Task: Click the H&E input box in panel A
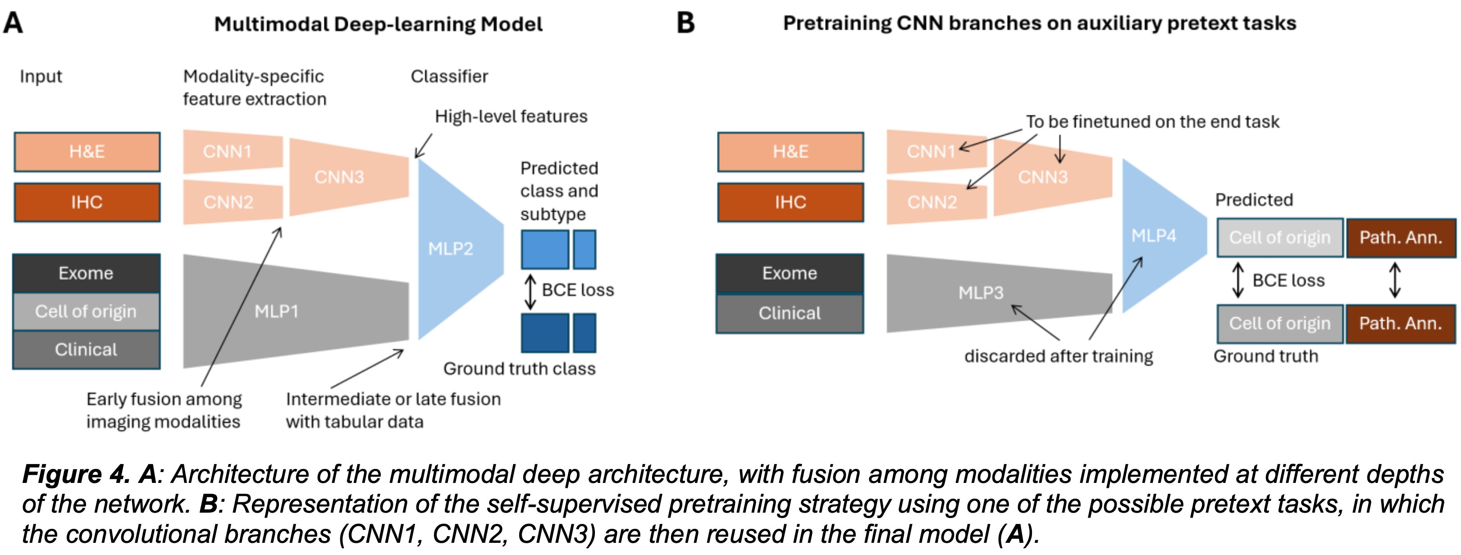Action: pyautogui.click(x=87, y=151)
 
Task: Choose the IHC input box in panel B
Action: pyautogui.click(x=790, y=202)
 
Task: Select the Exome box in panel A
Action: pyautogui.click(x=86, y=273)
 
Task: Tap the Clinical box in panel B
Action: pyautogui.click(x=790, y=313)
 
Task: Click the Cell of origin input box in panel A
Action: pyautogui.click(x=86, y=311)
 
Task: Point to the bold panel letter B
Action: pyautogui.click(x=686, y=23)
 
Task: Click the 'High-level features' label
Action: pyautogui.click(x=511, y=116)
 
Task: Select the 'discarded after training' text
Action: pyautogui.click(x=1058, y=356)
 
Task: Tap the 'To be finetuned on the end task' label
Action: pyautogui.click(x=1152, y=122)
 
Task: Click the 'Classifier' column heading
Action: pyautogui.click(x=449, y=76)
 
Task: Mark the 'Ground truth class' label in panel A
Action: pyautogui.click(x=519, y=368)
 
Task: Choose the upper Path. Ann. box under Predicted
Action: pyautogui.click(x=1400, y=237)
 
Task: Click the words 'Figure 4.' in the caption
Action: pyautogui.click(x=77, y=474)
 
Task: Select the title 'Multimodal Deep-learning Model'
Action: pyautogui.click(x=378, y=24)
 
